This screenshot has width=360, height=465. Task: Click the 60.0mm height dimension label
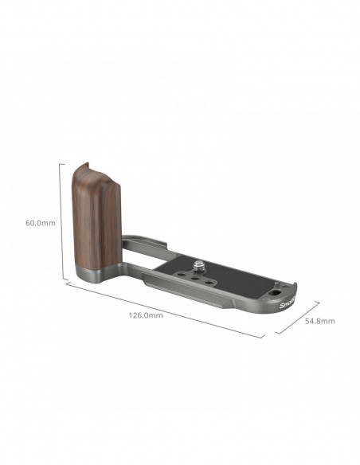pos(41,223)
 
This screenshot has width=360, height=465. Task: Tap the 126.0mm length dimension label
pos(146,315)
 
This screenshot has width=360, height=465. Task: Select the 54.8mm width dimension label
pos(320,321)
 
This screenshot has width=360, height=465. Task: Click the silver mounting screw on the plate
pos(199,266)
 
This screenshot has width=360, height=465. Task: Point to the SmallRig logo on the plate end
pos(288,303)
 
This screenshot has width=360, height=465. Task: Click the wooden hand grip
pos(96,215)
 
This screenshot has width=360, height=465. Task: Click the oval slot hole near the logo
pos(273,293)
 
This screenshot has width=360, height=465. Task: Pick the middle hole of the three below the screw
pos(195,279)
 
